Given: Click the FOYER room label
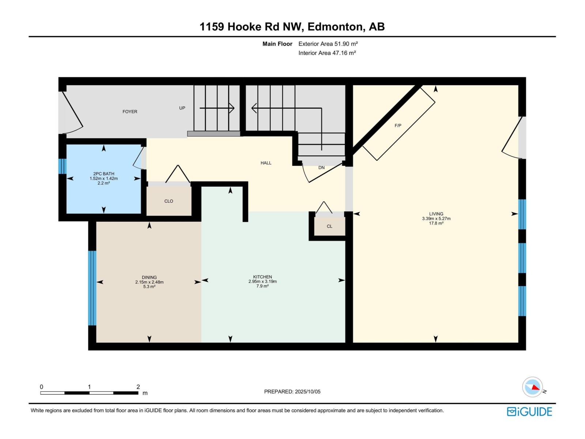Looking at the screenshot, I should (x=130, y=112).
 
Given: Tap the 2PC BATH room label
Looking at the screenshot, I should (x=103, y=174).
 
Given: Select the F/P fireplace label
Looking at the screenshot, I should (x=398, y=125).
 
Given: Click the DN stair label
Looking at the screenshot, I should (x=321, y=168).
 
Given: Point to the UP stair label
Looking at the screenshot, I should (x=182, y=108).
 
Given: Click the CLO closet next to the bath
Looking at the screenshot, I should (x=169, y=201).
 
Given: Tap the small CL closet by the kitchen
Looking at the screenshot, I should (x=329, y=226).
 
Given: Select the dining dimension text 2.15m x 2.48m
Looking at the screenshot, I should (x=149, y=282).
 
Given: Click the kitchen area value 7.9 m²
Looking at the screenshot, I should (x=263, y=286).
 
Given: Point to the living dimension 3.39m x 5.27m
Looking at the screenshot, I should (x=436, y=218).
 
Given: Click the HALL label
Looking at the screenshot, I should (x=266, y=163).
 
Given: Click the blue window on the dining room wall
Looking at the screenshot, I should (x=92, y=288).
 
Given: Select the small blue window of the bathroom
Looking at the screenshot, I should (x=62, y=166).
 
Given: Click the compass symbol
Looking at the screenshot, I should (x=532, y=387).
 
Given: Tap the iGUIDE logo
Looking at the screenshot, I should (x=529, y=412).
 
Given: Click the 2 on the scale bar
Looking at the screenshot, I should (x=138, y=387).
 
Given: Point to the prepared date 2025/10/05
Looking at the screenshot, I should (x=307, y=391).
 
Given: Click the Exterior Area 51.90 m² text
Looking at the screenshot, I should (x=328, y=44).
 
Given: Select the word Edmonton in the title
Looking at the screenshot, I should (x=336, y=27).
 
